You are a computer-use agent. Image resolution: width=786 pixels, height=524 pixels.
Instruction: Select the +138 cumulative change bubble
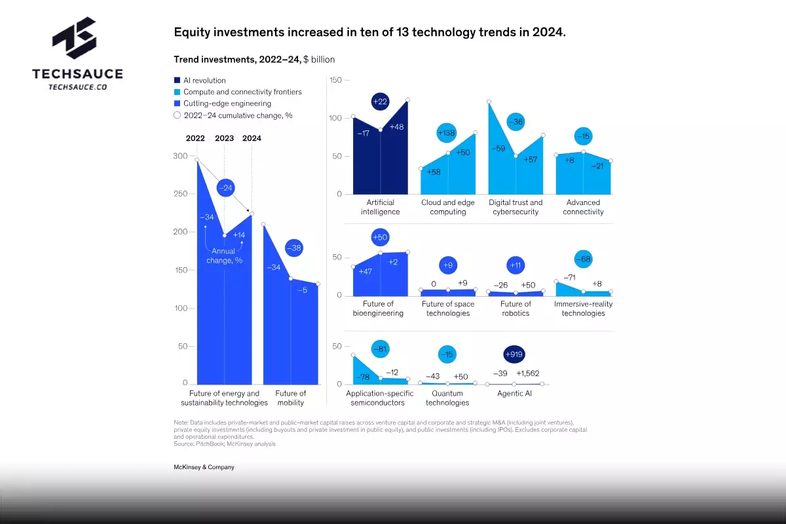[x=446, y=134]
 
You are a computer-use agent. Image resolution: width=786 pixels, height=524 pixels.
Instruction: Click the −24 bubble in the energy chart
[x=225, y=188]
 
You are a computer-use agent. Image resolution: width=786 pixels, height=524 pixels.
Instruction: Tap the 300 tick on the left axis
[x=179, y=156]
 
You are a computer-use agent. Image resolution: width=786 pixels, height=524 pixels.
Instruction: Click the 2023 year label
[x=224, y=138]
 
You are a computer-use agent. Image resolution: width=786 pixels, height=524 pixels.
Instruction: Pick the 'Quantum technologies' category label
[x=447, y=398]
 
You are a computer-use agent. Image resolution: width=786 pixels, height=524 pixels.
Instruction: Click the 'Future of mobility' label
[x=290, y=398]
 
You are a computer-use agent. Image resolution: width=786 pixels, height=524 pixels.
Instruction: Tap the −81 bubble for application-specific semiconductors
[x=380, y=350]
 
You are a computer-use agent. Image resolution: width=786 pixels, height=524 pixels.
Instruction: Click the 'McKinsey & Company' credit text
[x=204, y=467]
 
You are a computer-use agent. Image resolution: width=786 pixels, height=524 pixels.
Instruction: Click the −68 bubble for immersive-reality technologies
[x=583, y=259]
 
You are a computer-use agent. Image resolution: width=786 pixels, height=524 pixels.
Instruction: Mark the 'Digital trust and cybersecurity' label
[x=515, y=207]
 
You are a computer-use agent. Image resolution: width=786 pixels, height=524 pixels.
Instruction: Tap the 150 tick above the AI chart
[x=335, y=80]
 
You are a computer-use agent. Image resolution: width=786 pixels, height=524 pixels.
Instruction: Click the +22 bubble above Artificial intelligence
[x=379, y=101]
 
